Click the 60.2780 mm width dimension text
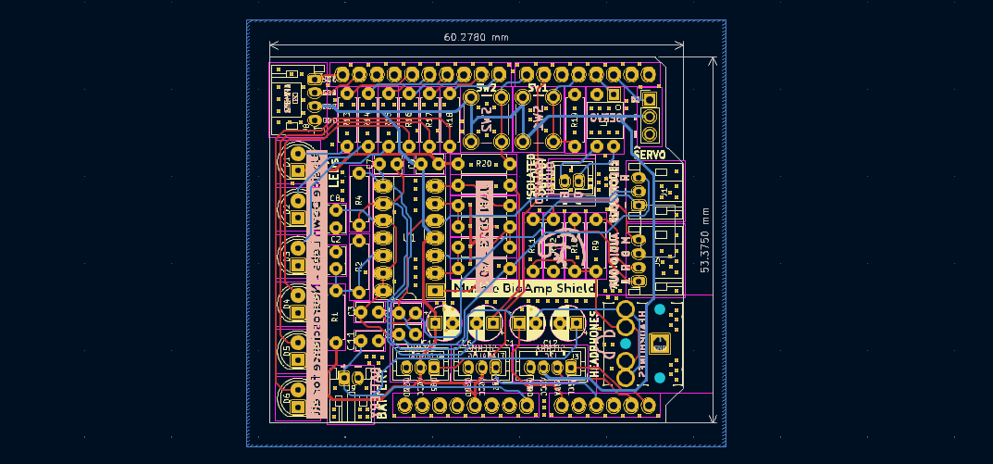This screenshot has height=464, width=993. pyautogui.click(x=476, y=37)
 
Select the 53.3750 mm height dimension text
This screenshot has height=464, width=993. pyautogui.click(x=704, y=239)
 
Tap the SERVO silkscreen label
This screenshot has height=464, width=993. pyautogui.click(x=651, y=155)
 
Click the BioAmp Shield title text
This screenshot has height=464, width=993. pyautogui.click(x=525, y=289)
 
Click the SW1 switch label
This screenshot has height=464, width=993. pyautogui.click(x=538, y=88)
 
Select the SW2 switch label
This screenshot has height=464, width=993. pyautogui.click(x=487, y=88)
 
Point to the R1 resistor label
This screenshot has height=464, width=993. pyautogui.click(x=334, y=317)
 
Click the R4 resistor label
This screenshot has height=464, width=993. pyautogui.click(x=359, y=200)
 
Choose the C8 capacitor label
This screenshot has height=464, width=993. pyautogui.click(x=335, y=198)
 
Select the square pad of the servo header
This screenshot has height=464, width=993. pyautogui.click(x=651, y=99)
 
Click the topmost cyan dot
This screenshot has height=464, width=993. pyautogui.click(x=659, y=309)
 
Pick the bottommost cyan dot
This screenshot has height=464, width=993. pyautogui.click(x=659, y=378)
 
